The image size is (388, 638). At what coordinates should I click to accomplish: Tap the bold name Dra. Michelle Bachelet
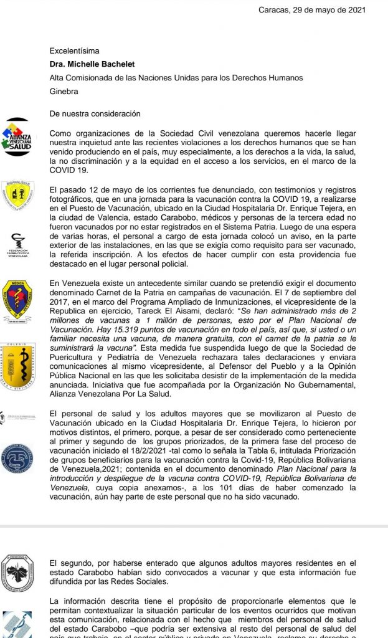point(92,64)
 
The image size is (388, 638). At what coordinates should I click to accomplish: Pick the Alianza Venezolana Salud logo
point(17,137)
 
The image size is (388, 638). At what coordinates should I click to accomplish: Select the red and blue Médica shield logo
point(17,299)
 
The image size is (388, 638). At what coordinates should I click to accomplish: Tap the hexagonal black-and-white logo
point(17,573)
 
